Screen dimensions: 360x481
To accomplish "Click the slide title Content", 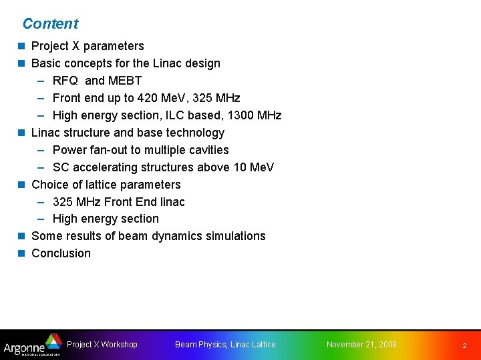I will (x=50, y=24).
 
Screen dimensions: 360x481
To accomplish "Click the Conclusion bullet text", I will (x=61, y=253).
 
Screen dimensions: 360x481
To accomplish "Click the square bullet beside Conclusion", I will (x=21, y=253).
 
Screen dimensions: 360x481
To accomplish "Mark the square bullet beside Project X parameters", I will (x=21, y=46).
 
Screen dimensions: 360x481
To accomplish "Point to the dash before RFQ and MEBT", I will (x=41, y=81).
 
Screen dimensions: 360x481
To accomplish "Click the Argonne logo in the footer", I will (x=32, y=345).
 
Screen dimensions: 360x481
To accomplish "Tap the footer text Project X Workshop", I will (x=102, y=345).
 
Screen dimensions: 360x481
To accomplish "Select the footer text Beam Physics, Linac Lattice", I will (x=225, y=345).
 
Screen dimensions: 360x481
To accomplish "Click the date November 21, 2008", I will (x=361, y=345).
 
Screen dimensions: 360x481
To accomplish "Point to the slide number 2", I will (x=465, y=345).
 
